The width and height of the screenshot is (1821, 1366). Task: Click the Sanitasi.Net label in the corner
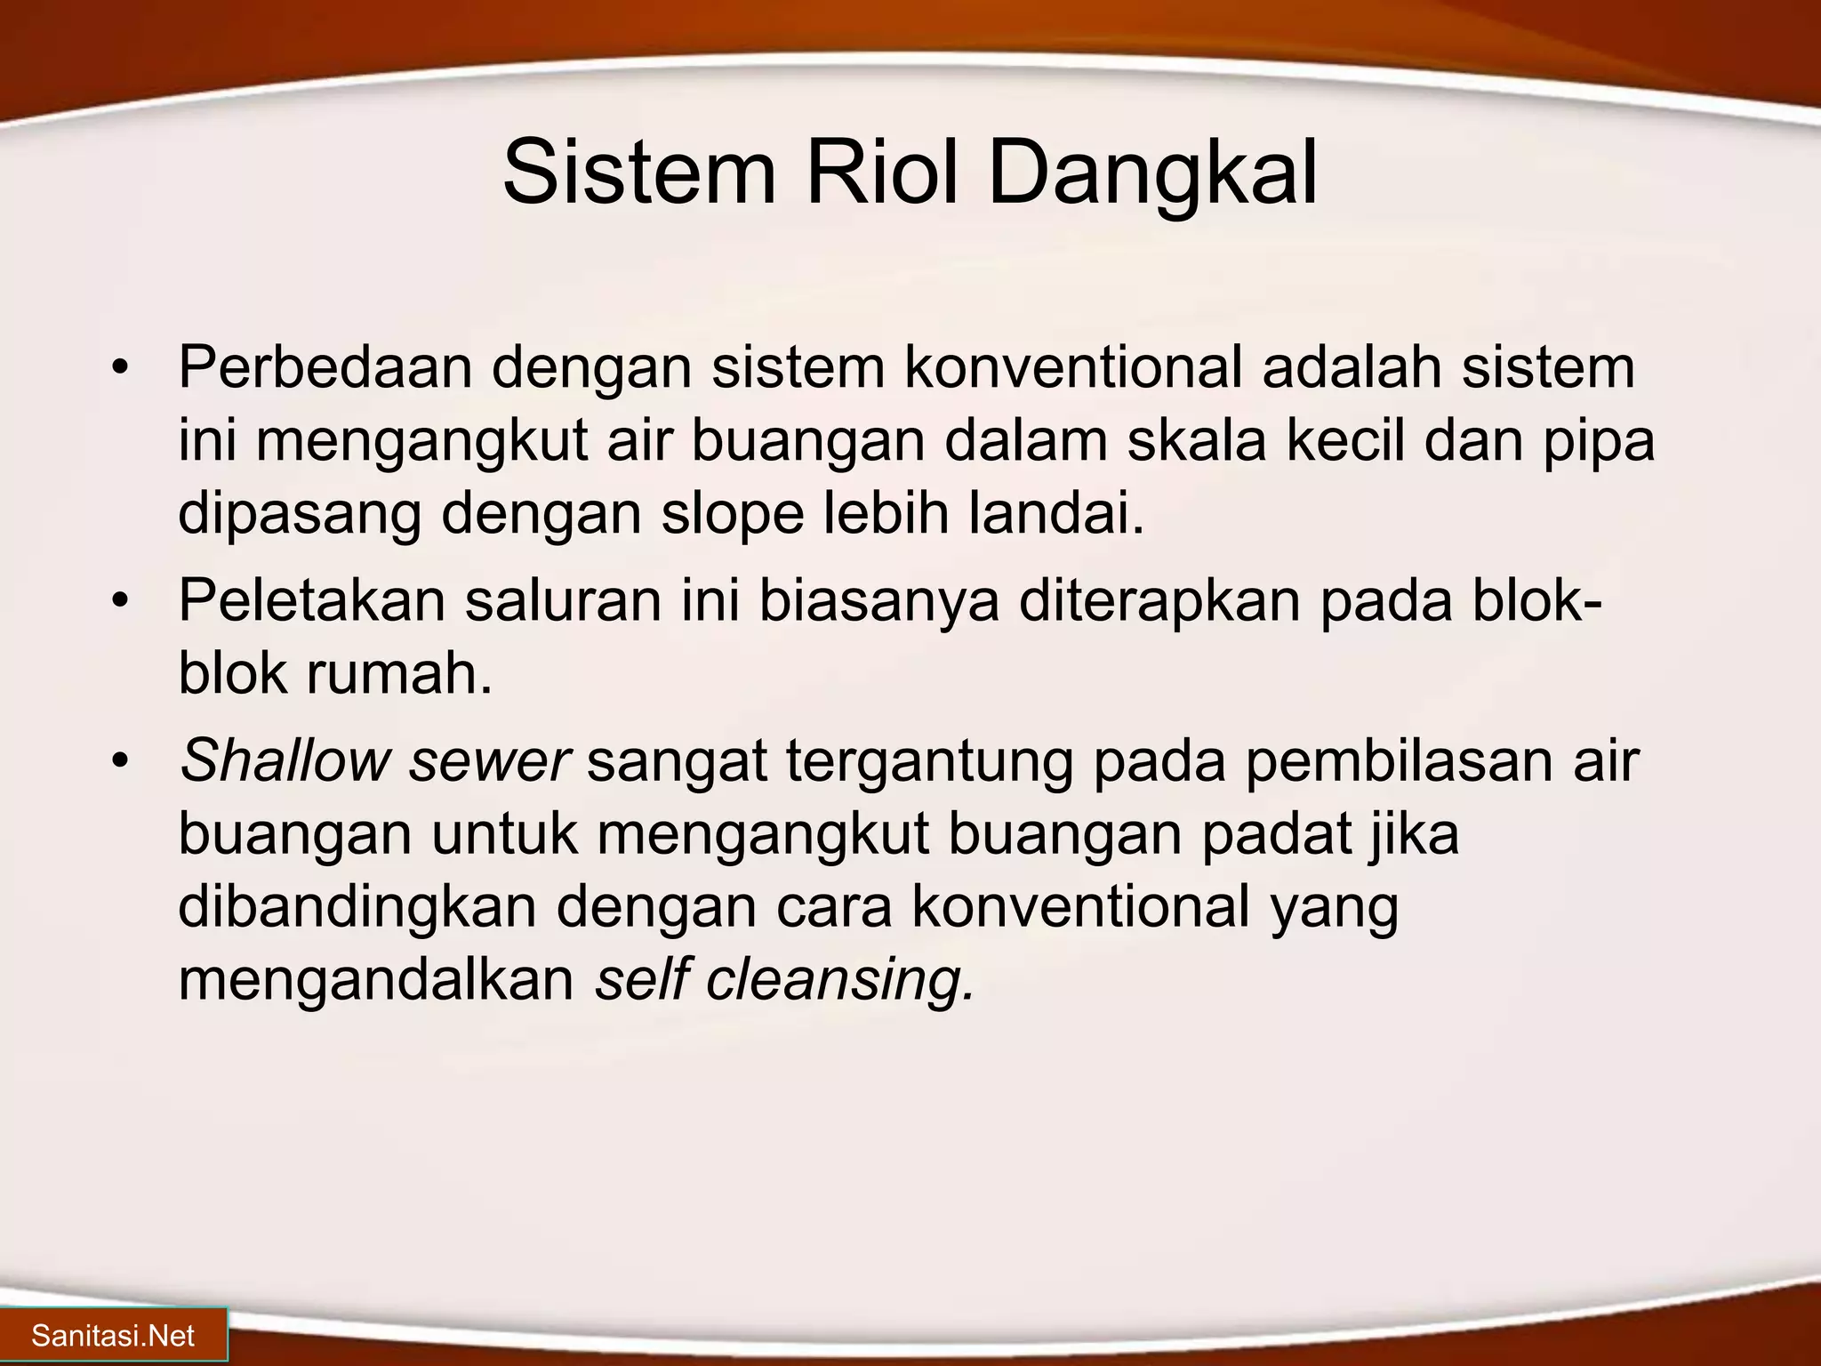pos(113,1336)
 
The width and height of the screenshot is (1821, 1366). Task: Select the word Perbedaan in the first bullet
pos(325,367)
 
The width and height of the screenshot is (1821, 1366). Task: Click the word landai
pos(1055,513)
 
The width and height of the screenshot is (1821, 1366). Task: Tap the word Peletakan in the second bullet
pos(311,600)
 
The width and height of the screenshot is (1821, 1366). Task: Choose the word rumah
pos(399,673)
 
